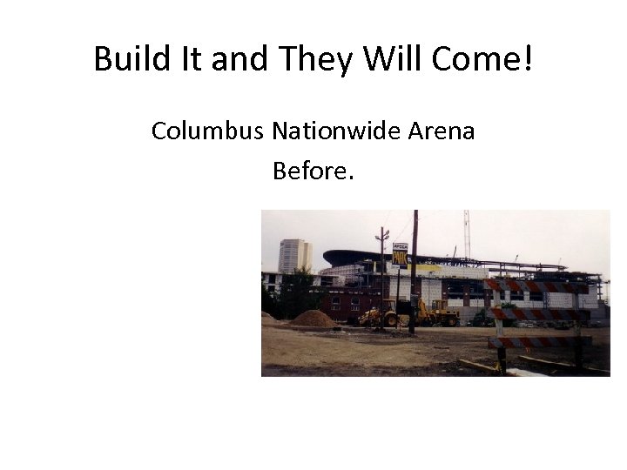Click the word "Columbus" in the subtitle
coord(208,131)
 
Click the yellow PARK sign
coord(400,255)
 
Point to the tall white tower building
coord(293,256)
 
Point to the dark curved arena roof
coord(366,258)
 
